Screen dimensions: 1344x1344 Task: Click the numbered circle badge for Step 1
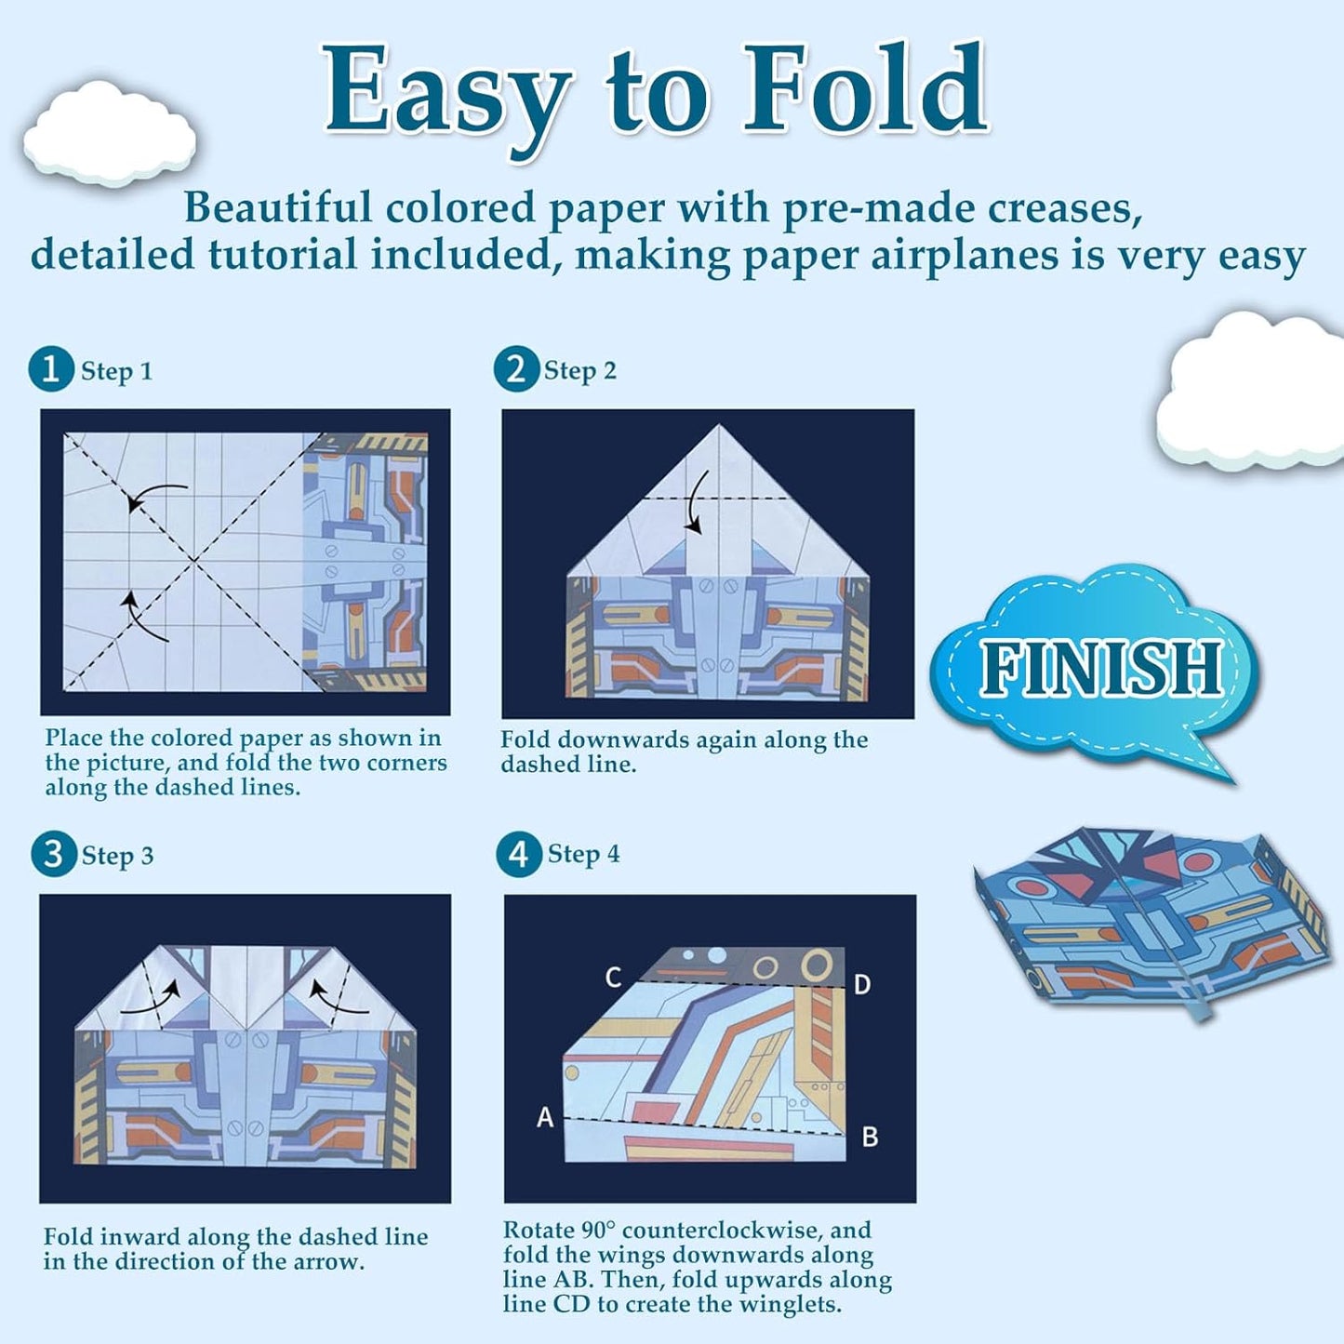(x=51, y=369)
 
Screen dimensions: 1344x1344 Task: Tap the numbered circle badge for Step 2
(x=516, y=369)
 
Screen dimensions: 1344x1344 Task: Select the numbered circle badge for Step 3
(x=53, y=854)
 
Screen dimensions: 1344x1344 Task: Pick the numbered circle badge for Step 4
(x=518, y=854)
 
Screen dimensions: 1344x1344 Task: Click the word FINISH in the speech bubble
(x=1100, y=669)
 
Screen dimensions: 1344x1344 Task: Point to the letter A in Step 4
(x=545, y=1117)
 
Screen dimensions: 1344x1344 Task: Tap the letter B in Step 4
(x=870, y=1137)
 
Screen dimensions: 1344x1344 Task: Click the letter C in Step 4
(x=613, y=978)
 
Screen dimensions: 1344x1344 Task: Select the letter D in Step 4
(x=862, y=985)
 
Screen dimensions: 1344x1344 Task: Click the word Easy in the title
(x=446, y=93)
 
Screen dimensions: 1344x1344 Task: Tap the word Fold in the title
(x=865, y=90)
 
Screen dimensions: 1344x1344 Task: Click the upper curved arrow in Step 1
(x=153, y=496)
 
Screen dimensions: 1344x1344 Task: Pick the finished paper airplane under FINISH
(x=1153, y=916)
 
